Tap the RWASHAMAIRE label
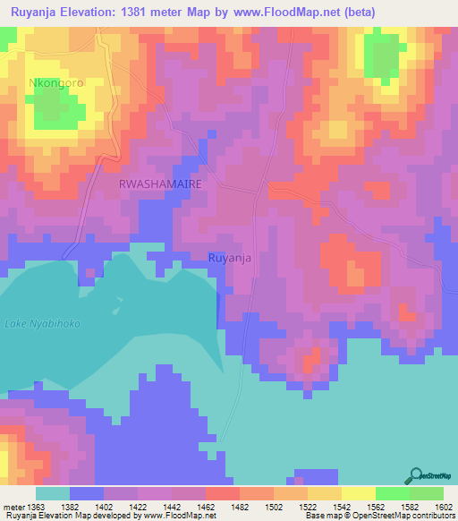click(x=160, y=183)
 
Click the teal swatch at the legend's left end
click(x=52, y=493)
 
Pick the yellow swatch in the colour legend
click(x=358, y=493)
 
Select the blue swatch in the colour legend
click(x=86, y=493)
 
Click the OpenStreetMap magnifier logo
click(x=415, y=475)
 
